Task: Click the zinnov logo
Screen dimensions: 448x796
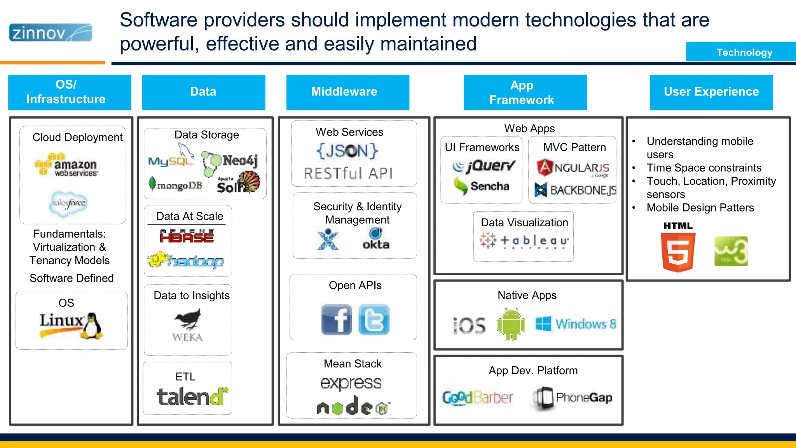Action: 51,33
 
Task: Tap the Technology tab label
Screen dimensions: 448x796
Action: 744,52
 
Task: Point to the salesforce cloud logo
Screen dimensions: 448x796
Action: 69,203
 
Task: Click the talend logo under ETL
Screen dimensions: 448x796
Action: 192,396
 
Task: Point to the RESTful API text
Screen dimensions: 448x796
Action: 348,173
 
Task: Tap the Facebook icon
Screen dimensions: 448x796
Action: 337,320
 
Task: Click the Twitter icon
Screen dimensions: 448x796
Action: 374,320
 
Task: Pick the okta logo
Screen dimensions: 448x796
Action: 375,239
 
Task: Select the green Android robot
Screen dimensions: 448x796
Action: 511,324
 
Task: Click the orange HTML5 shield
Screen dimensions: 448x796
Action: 678,252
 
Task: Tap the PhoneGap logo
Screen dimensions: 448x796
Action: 573,398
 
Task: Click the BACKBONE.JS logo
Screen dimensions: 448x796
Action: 575,190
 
